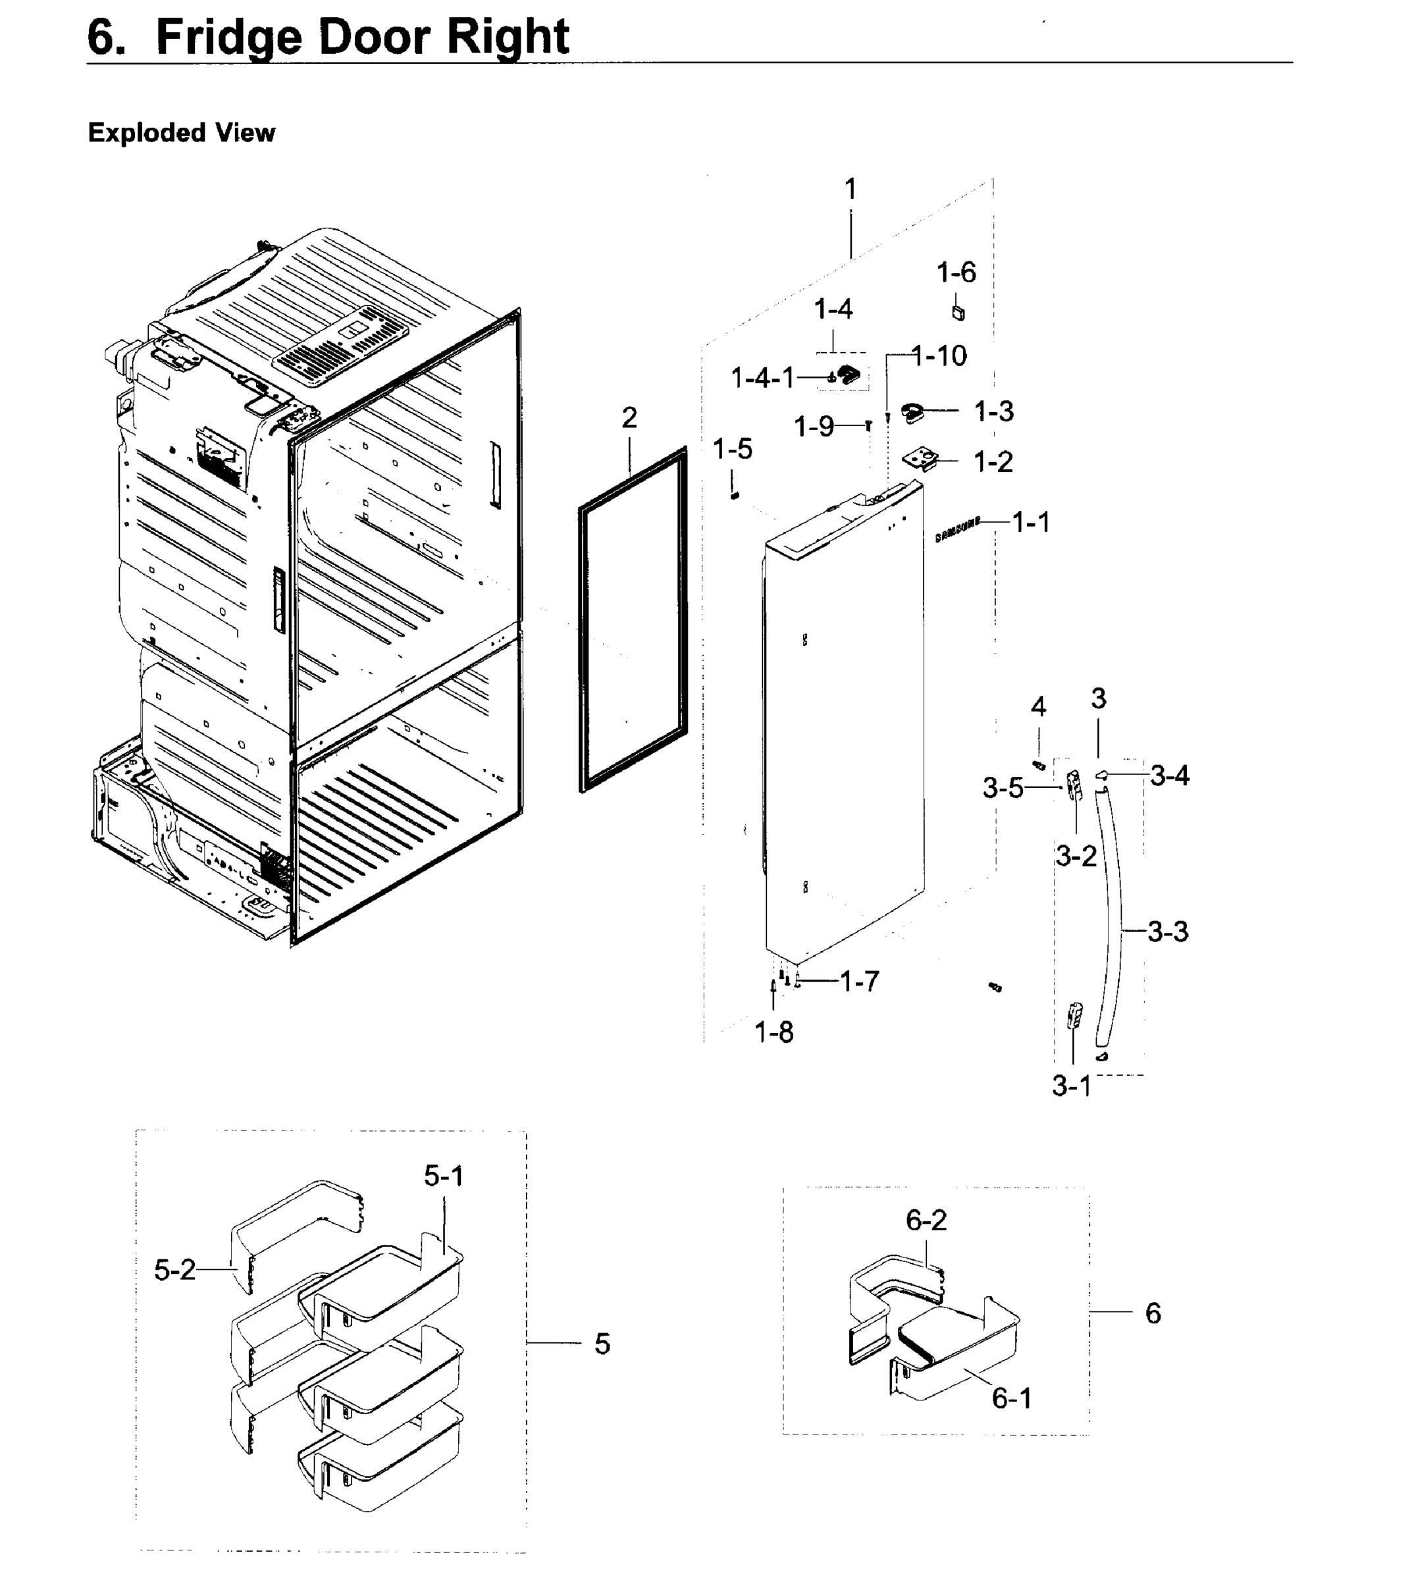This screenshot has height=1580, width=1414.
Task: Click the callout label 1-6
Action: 956,273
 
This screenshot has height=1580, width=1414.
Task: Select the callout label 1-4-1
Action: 763,379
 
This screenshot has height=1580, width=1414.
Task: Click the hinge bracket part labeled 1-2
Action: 922,460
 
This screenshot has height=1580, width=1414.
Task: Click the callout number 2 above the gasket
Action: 629,418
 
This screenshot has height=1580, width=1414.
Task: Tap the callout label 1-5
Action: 732,449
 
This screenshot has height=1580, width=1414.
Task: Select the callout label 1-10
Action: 939,357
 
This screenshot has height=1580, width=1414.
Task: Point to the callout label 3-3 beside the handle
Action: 1168,932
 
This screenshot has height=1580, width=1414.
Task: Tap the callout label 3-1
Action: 1072,1086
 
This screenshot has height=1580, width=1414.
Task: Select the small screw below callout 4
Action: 1038,765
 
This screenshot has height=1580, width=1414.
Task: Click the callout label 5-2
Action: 175,1270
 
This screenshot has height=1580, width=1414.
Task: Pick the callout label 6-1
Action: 1012,1398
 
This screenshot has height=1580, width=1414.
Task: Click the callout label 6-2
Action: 926,1221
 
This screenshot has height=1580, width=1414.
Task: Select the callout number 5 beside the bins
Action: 602,1344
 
